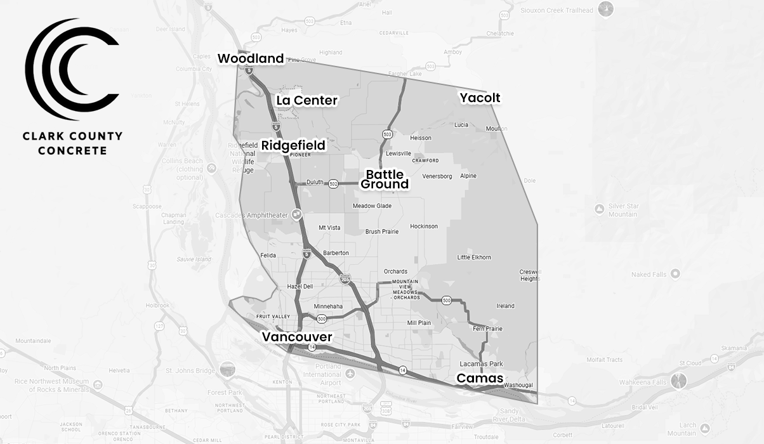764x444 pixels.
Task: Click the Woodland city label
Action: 251,59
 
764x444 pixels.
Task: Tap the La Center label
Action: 306,100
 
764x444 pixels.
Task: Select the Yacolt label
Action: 480,98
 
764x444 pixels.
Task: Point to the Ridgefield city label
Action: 293,145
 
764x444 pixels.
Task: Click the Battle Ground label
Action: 385,180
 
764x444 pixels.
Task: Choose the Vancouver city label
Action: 297,337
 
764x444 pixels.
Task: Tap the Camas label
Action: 480,379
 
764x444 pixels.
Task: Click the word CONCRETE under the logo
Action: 72,151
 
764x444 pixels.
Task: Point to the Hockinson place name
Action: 424,226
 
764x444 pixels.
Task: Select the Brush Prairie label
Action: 382,232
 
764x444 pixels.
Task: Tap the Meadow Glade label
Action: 372,206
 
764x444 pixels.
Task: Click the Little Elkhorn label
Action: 474,258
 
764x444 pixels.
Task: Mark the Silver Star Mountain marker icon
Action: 599,209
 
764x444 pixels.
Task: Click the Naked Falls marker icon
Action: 675,274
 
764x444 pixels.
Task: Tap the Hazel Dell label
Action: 300,287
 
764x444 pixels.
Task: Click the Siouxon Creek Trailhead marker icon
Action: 607,9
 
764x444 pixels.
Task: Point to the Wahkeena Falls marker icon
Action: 680,381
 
